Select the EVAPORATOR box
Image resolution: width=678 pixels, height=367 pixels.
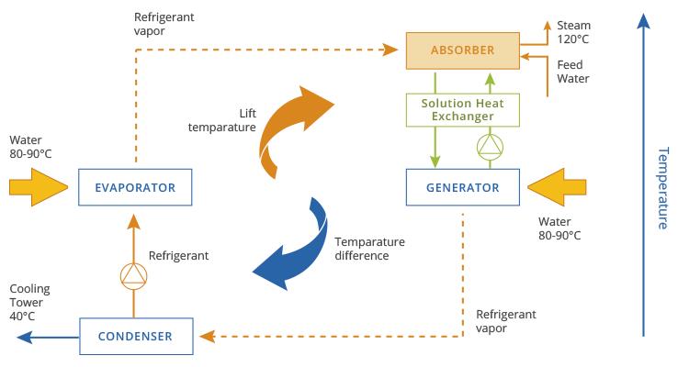click(x=138, y=187)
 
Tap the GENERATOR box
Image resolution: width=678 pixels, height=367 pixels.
click(x=465, y=187)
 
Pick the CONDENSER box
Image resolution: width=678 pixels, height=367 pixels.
click(x=138, y=336)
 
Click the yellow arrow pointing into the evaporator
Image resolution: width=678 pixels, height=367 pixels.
click(x=37, y=187)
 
